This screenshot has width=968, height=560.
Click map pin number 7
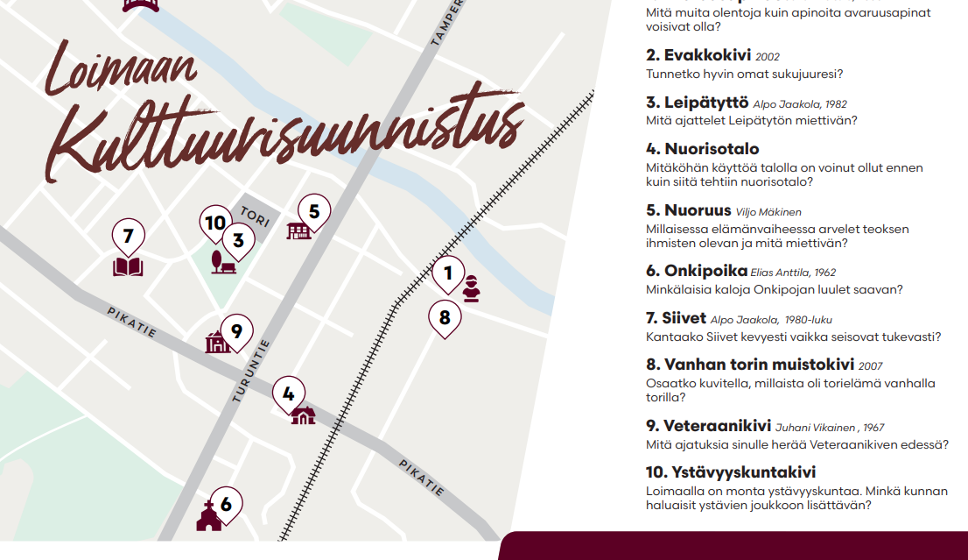129,237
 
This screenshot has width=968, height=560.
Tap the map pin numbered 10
214,223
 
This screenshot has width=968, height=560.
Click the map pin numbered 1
448,273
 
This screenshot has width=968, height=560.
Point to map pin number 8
445,317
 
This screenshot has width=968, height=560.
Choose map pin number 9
236,331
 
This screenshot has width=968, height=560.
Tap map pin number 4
289,394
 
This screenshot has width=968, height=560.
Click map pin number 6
226,504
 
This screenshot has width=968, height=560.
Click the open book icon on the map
128,266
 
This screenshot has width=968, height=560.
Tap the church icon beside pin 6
208,518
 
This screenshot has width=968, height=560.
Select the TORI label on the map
255,215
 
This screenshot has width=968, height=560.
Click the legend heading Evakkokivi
709,56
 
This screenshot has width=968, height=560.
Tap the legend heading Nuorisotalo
703,149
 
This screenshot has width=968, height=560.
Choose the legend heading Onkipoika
697,271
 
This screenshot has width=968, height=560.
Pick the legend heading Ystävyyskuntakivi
731,472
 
